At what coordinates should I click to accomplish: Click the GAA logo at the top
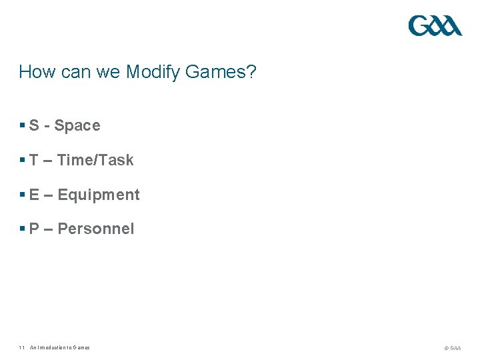pos(435,26)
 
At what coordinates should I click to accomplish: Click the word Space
pos(77,126)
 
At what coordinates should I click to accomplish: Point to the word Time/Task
pos(95,160)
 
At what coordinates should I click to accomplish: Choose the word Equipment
pos(99,195)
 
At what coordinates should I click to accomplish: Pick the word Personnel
pos(96,229)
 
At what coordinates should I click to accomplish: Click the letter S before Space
pos(34,125)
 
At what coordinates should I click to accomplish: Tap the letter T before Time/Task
pos(34,160)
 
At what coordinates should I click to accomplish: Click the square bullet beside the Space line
pos(23,125)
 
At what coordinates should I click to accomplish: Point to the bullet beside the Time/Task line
pos(23,160)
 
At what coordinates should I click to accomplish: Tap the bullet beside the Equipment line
pos(23,195)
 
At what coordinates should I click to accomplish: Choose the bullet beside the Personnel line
pos(23,229)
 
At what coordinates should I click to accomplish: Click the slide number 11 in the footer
pos(22,347)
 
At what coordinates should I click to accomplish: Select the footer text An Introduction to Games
pos(60,347)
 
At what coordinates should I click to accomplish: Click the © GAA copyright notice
pos(452,348)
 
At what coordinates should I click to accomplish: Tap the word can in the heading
pos(75,72)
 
